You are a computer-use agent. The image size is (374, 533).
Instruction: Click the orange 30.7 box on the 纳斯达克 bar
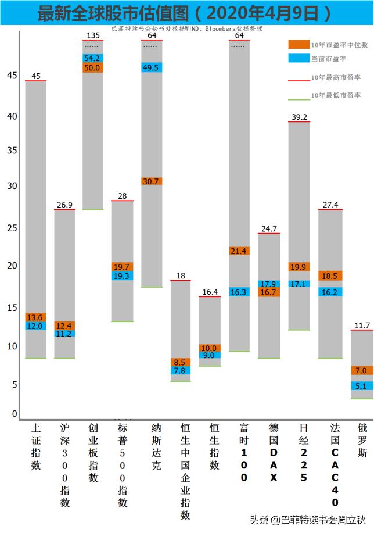tap(152, 181)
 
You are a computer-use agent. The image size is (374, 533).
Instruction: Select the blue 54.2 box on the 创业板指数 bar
tap(93, 58)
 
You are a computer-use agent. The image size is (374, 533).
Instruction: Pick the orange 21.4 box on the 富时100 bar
tap(239, 251)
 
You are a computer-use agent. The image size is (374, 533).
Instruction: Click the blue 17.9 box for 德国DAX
tap(269, 284)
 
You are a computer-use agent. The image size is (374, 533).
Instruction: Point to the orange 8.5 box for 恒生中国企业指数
tap(180, 362)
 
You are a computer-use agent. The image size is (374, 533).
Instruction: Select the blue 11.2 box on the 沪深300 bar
tap(64, 334)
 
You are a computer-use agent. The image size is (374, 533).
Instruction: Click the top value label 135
tap(93, 35)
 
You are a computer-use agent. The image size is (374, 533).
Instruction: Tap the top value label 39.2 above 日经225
tap(300, 117)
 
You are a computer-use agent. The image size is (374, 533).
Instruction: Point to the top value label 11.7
tap(362, 325)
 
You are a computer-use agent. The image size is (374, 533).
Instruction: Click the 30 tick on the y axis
tap(11, 186)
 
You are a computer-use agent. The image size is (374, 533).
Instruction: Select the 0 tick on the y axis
tap(14, 414)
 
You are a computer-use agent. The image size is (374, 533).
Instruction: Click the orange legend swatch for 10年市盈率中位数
tap(299, 44)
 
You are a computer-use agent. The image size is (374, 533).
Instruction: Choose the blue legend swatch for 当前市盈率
tap(299, 58)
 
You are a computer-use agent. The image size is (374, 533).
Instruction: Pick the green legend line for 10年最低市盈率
tap(299, 95)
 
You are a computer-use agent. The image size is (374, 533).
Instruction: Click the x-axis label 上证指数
tap(36, 446)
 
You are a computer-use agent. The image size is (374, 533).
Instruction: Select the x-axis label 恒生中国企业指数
tap(185, 471)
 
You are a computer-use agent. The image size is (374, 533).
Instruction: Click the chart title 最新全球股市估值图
tap(116, 14)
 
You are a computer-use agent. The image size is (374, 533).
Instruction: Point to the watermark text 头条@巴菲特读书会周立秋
tap(308, 519)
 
